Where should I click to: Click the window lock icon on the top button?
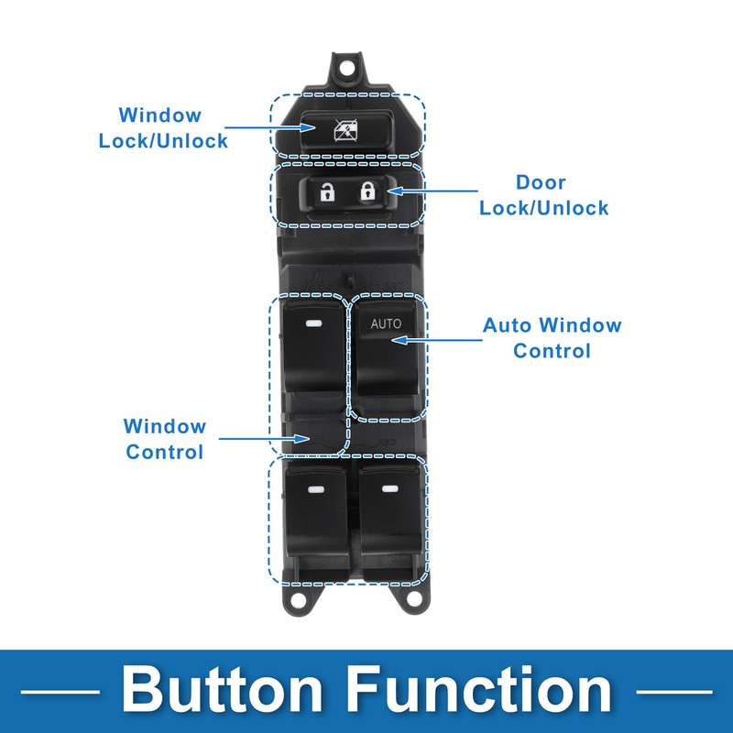346,130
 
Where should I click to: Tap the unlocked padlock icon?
327,191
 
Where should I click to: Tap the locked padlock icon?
368,191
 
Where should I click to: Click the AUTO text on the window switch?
386,323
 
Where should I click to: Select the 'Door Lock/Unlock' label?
544,195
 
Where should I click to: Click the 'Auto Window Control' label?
552,338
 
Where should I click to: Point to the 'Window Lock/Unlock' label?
163,128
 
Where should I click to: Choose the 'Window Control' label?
165,439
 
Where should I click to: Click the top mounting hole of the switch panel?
346,68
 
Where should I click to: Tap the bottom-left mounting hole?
296,599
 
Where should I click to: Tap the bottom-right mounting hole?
413,598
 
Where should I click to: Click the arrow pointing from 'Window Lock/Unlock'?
270,127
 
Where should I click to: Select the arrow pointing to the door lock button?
432,191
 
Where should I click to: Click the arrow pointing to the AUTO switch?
437,340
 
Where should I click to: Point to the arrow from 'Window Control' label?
264,439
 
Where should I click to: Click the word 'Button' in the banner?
222,690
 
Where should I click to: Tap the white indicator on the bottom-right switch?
390,489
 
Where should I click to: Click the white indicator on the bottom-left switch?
316,490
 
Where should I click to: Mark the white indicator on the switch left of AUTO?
312,323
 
